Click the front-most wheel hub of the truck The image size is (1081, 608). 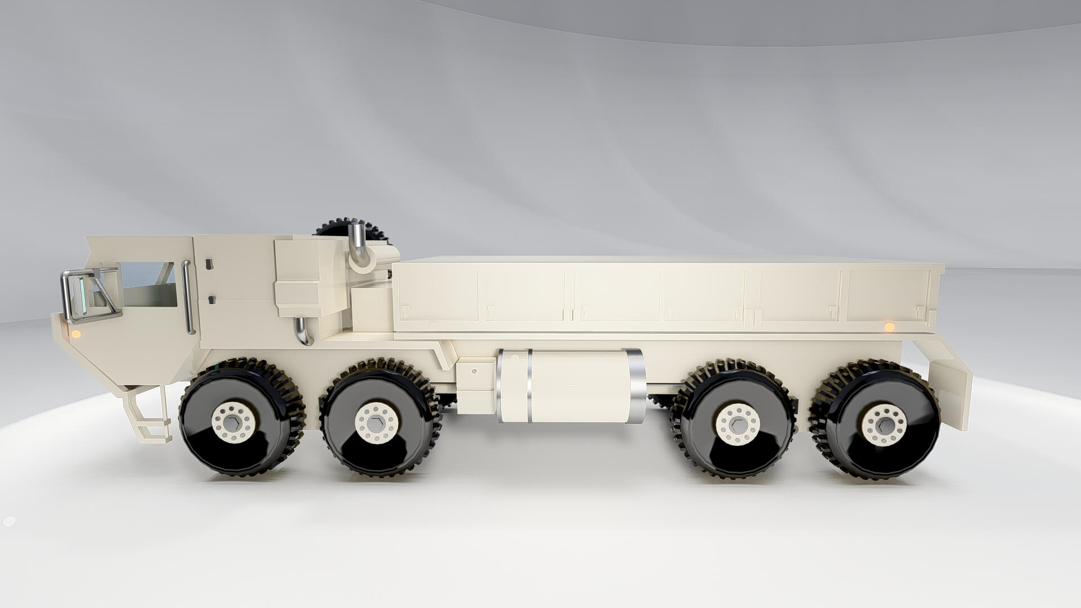click(x=234, y=422)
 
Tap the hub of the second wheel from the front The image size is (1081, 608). click(x=377, y=423)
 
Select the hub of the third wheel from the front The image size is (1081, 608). click(x=738, y=424)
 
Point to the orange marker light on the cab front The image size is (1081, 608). click(x=75, y=334)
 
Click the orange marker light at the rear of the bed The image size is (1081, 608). click(x=890, y=327)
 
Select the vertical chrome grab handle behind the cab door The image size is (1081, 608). click(x=188, y=297)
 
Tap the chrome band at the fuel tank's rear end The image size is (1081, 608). click(x=636, y=386)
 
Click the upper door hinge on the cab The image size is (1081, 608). click(x=209, y=263)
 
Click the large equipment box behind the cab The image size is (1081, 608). click(x=310, y=276)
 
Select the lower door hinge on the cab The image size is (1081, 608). click(x=212, y=299)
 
